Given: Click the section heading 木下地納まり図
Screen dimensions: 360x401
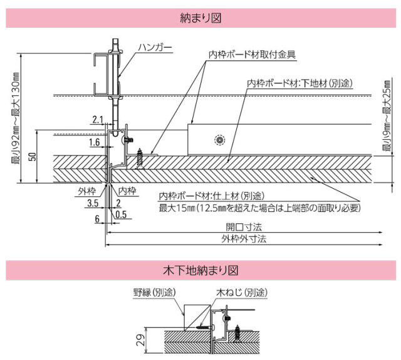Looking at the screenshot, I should point(200,271).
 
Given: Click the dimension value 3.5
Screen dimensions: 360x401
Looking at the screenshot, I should point(92,203).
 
